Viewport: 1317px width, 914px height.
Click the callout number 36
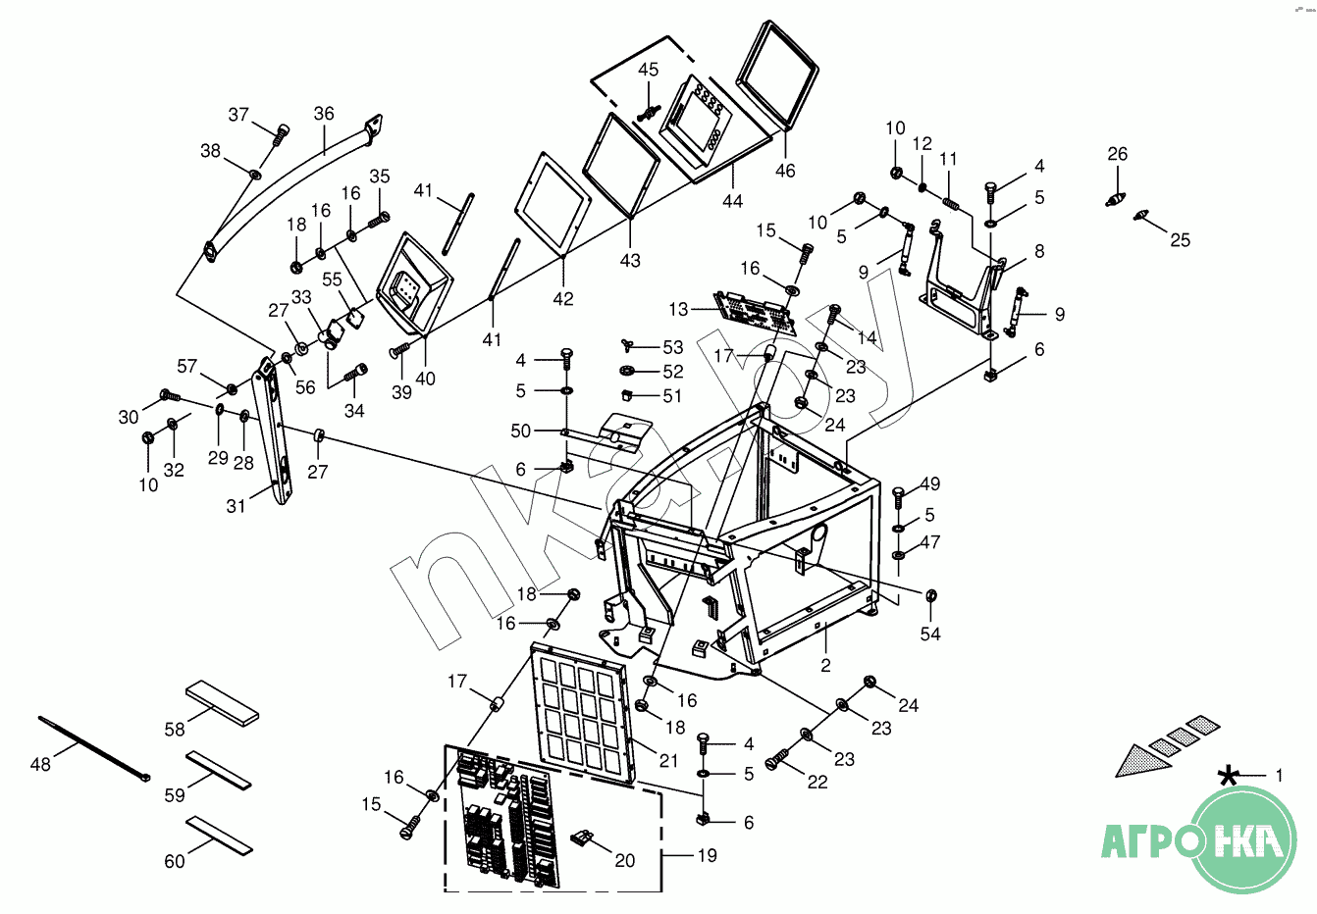324,114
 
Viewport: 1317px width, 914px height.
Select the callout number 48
40,764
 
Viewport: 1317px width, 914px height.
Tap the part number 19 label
707,855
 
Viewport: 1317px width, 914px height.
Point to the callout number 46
785,170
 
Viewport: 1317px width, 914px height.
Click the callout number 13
679,309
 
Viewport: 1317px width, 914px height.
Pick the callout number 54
930,635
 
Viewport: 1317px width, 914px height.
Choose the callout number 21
668,760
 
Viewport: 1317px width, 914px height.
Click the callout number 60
174,861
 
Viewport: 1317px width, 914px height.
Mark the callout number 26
1118,154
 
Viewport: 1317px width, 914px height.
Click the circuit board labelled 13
753,311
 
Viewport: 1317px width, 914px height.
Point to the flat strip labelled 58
222,701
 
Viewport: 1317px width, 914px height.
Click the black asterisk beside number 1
1228,777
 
